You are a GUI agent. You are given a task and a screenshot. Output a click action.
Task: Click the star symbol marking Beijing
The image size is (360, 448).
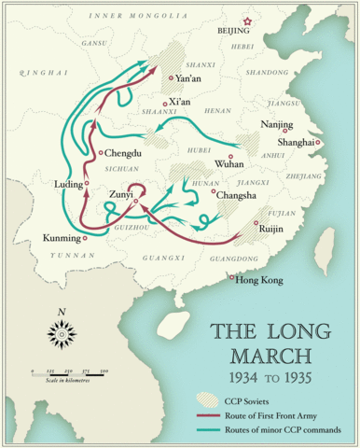point(247,21)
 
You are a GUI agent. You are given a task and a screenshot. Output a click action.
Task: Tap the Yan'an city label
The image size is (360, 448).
point(189,80)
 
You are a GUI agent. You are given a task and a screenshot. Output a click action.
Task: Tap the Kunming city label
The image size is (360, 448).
point(61,238)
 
